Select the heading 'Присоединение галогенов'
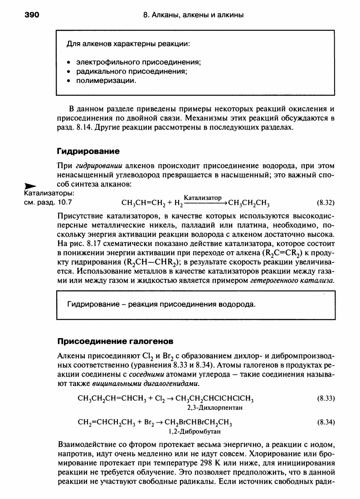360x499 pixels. (x=115, y=340)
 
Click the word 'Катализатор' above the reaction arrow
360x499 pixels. (x=203, y=198)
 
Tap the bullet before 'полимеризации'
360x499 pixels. (x=68, y=81)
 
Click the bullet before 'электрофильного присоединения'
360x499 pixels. (x=68, y=62)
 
